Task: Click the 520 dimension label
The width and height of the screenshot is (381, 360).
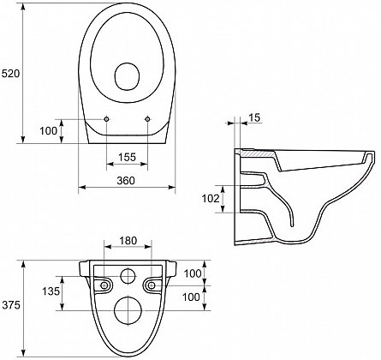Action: [11, 74]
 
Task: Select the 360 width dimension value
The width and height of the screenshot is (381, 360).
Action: [126, 180]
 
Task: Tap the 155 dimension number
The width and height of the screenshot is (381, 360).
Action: [127, 157]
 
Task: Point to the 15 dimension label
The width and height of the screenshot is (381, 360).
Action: [254, 117]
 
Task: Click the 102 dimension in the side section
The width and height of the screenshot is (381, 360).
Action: [211, 198]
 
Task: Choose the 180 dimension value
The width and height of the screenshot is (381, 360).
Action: [128, 241]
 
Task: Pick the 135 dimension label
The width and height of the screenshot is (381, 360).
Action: [51, 291]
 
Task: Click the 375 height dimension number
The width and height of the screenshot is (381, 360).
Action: [11, 305]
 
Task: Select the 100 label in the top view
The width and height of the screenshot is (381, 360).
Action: [48, 131]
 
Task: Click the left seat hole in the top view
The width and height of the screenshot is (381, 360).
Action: [106, 119]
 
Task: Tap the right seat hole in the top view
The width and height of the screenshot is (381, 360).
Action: [147, 119]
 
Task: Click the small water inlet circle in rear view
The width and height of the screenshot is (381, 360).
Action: [128, 276]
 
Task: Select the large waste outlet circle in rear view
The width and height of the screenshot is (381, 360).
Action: [128, 310]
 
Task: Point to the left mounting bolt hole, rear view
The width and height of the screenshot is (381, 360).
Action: [104, 285]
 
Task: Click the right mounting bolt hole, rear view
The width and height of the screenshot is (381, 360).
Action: [152, 285]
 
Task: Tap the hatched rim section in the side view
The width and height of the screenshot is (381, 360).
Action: [258, 153]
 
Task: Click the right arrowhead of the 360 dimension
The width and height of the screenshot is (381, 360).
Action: [172, 187]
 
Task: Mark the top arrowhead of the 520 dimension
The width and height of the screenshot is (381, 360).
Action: [23, 7]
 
